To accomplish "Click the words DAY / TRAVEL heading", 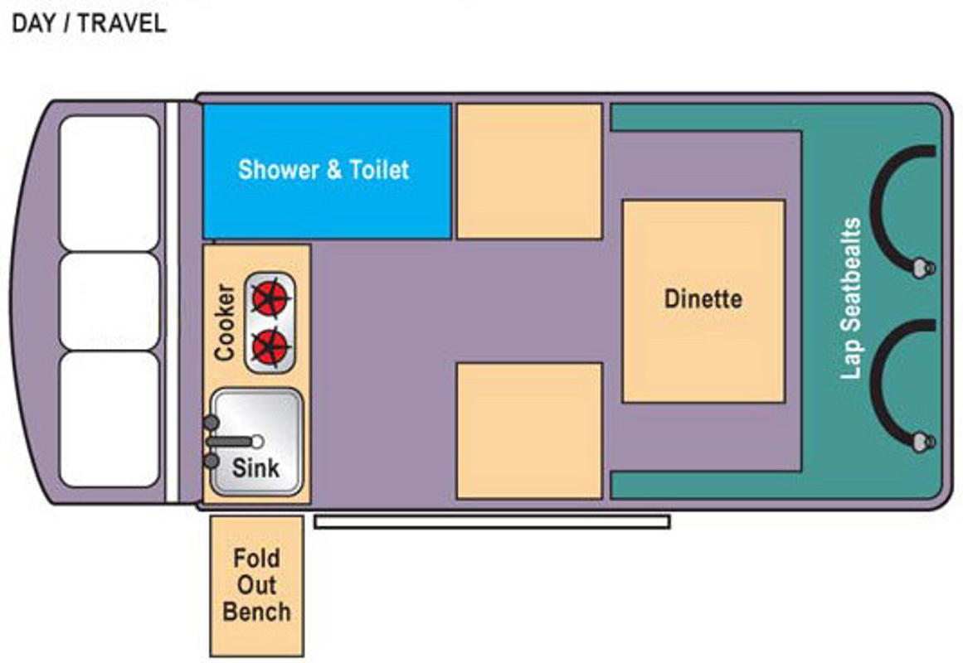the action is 89,23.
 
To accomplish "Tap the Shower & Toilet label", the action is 323,169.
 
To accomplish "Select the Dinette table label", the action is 703,299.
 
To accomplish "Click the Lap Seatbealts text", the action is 851,298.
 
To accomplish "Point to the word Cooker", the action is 225,322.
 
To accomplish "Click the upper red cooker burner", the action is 270,298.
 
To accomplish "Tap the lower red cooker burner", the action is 270,347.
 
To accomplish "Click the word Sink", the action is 255,467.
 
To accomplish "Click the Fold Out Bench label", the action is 257,585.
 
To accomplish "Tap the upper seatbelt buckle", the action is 922,269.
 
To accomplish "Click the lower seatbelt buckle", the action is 922,442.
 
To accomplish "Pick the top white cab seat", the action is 110,183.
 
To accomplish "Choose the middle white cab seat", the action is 110,302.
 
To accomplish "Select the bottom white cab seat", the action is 110,419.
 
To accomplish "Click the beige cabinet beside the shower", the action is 529,172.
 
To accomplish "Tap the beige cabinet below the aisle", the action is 529,431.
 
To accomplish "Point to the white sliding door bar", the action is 492,522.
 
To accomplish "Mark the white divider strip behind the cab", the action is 172,302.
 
